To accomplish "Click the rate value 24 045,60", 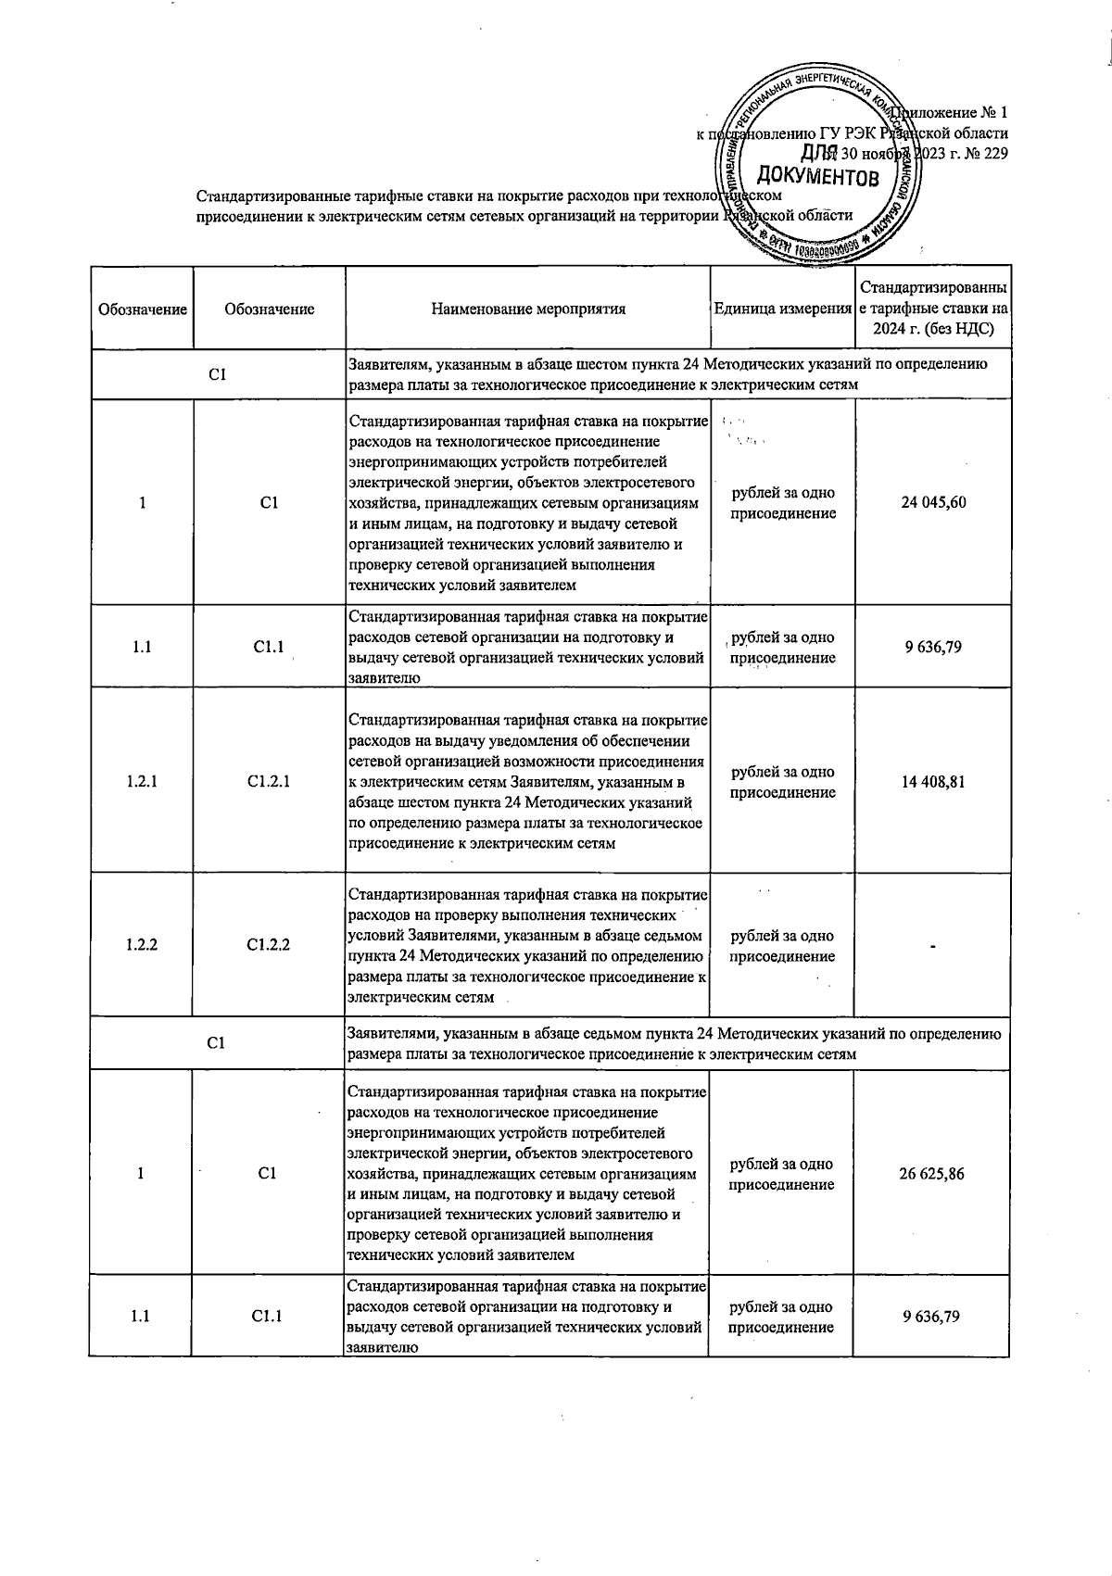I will coord(933,503).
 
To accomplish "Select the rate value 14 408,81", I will coord(933,782).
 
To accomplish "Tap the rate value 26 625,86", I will coord(931,1174).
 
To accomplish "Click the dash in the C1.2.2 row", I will coord(933,946).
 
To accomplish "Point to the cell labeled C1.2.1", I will coord(269,782).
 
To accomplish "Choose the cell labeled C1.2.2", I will coord(268,945).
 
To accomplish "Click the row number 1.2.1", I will coord(142,782).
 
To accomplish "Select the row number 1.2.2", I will coord(141,945).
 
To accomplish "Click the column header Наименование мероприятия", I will coord(528,309).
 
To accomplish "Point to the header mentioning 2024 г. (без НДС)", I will coord(933,330).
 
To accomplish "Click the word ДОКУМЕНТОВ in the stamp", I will coord(817,176).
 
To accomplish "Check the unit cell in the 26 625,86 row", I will coord(781,1174).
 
